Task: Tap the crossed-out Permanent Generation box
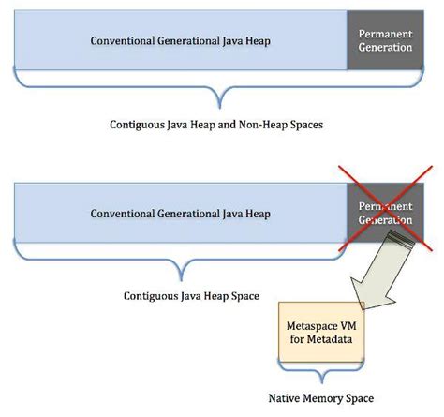385,213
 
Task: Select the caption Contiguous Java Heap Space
185,295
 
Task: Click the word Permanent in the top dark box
385,34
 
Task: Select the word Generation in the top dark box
385,48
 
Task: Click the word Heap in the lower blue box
257,214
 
